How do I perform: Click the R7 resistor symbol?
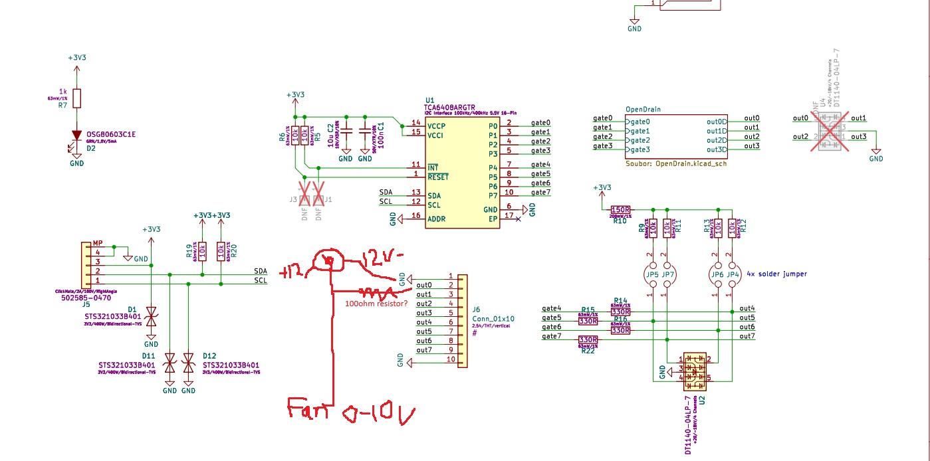[77, 98]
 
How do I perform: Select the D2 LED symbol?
[77, 136]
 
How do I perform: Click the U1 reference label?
[429, 100]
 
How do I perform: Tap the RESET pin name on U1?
[438, 177]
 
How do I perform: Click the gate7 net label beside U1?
[541, 193]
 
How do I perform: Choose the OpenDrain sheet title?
[643, 109]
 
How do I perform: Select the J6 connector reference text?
[476, 309]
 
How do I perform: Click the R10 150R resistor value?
[620, 210]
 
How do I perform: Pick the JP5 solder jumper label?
[651, 274]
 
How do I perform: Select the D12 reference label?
[209, 355]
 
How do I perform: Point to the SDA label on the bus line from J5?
[261, 271]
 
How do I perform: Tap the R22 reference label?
[588, 351]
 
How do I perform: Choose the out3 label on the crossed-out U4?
[858, 137]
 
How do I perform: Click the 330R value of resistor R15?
[588, 321]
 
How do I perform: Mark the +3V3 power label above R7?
[77, 58]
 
